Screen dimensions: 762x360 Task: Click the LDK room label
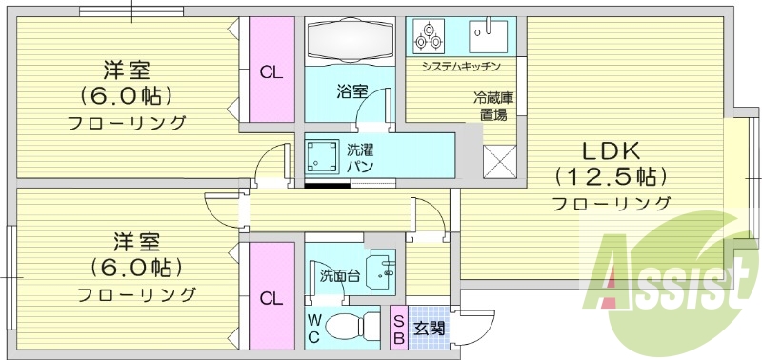(x=611, y=153)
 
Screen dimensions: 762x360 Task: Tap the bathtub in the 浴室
(x=350, y=40)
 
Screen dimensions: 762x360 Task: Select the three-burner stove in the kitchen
(x=430, y=36)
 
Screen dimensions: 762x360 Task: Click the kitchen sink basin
(x=488, y=35)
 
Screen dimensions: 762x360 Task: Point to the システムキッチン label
(x=461, y=67)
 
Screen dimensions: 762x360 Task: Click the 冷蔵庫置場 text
(x=494, y=107)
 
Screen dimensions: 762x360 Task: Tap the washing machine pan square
(x=322, y=155)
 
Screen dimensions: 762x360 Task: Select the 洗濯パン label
(x=360, y=158)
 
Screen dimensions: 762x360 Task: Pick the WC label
(x=313, y=329)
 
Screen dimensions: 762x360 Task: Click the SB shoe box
(x=398, y=329)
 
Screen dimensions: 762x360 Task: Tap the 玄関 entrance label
(x=429, y=329)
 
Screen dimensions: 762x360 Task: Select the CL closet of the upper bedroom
(x=271, y=70)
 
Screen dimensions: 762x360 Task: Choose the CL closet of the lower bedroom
(x=271, y=296)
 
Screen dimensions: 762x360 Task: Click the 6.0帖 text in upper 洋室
(x=126, y=94)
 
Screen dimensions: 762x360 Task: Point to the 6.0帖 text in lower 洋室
(x=136, y=267)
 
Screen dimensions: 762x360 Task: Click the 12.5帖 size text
(x=611, y=177)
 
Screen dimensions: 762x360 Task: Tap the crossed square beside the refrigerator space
(x=499, y=161)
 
